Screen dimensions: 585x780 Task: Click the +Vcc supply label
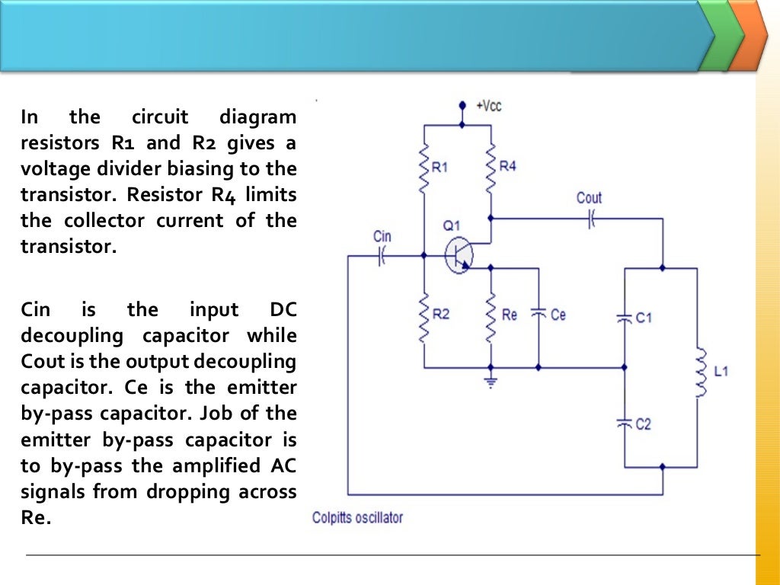click(489, 106)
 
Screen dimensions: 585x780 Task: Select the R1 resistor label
click(440, 168)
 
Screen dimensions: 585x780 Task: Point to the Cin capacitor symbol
click(382, 257)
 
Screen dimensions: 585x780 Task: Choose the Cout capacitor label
click(589, 199)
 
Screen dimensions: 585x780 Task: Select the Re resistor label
click(510, 315)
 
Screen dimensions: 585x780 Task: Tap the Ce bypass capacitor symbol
click(538, 313)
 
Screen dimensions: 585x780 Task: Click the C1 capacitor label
click(644, 318)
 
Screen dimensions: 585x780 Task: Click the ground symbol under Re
click(491, 381)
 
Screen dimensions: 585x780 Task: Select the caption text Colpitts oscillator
click(357, 518)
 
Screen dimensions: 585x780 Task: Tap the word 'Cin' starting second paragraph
click(35, 310)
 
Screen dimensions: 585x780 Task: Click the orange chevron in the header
click(750, 36)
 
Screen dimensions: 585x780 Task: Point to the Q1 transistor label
click(451, 225)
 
